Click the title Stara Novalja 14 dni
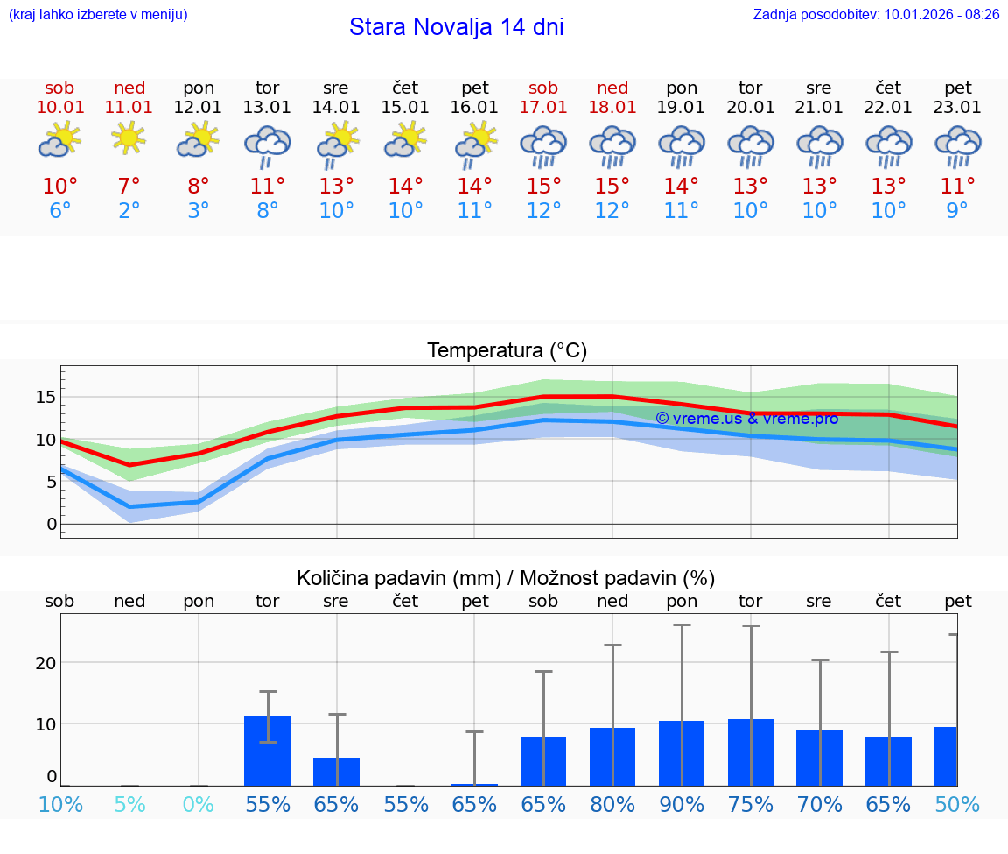(456, 27)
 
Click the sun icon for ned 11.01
(129, 138)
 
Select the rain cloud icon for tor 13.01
(268, 145)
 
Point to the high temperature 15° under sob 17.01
(543, 187)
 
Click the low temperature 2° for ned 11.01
(129, 210)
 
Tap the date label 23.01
(958, 107)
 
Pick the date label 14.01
(336, 107)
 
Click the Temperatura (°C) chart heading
(507, 351)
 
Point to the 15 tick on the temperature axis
(45, 398)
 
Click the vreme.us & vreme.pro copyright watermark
(746, 419)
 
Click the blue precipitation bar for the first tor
(268, 751)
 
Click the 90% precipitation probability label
(682, 804)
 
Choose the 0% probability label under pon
(199, 804)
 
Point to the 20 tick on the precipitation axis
(45, 663)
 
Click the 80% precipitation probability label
(612, 804)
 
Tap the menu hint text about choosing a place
(98, 14)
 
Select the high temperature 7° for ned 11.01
(129, 187)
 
